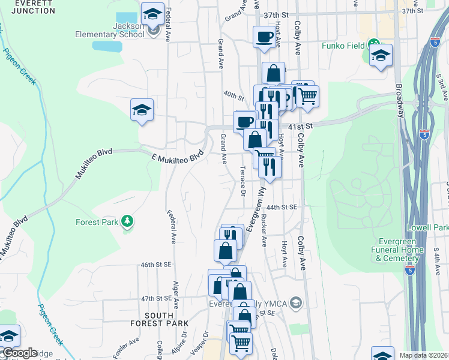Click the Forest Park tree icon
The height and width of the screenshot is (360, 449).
(127, 222)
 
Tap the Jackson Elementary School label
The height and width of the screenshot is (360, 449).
(110, 30)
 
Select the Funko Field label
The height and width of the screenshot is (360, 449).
(343, 45)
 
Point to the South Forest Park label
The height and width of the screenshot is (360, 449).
(166, 319)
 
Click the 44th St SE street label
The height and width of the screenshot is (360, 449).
(282, 207)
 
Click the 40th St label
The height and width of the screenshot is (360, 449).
(233, 95)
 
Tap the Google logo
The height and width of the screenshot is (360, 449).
(20, 353)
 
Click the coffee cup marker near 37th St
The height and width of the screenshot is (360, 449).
(264, 38)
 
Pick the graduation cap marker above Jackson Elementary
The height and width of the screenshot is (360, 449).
(152, 14)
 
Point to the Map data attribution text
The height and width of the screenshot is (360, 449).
(424, 355)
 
